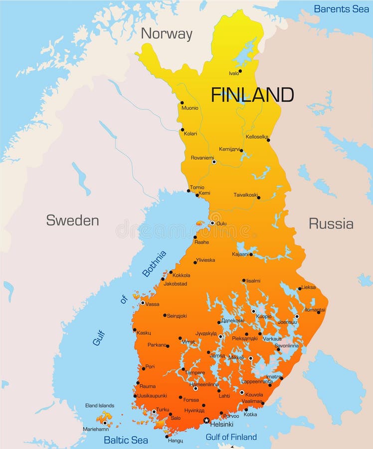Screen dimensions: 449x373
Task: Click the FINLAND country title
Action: coord(252,94)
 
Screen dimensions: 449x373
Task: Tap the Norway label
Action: coord(166,34)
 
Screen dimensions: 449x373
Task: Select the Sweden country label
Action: coord(72,220)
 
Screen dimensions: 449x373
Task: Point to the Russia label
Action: coord(331,224)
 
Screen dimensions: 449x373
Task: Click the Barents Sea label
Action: coord(341,9)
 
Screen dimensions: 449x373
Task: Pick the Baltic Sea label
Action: coord(126,440)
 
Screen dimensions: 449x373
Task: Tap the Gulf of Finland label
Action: coord(231,437)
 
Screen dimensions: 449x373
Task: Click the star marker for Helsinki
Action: coord(206,421)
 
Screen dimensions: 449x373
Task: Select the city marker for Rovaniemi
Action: coord(214,162)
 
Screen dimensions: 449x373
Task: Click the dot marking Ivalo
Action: coord(240,71)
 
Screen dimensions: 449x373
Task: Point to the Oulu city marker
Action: coord(212,223)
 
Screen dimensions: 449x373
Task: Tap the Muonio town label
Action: coord(189,108)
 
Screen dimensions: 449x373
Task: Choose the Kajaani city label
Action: coord(240,254)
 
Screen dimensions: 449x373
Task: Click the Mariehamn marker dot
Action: coord(105,423)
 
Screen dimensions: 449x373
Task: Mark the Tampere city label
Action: coord(194,373)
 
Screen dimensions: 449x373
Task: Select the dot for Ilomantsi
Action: coord(318,312)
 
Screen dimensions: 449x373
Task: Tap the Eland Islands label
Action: coord(99,406)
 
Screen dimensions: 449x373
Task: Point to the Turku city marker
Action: coord(154,412)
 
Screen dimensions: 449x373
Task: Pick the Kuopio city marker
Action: coord(253,311)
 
